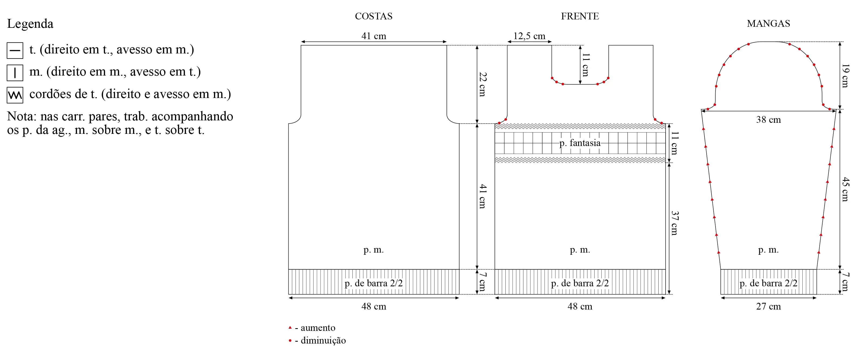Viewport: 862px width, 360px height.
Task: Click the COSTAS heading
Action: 373,16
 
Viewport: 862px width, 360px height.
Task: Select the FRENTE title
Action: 580,16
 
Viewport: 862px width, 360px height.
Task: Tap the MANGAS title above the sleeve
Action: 768,23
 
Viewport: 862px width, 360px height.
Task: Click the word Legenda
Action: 30,24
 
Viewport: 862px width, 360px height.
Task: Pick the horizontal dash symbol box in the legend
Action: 15,50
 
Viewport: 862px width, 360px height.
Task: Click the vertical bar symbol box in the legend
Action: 15,73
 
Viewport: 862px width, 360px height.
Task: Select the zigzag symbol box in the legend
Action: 15,95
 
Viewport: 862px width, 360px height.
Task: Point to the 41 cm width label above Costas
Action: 374,36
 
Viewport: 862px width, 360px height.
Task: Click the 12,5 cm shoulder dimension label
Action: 529,36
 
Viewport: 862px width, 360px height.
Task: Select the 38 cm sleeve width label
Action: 768,120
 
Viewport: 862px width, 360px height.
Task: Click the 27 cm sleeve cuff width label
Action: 768,307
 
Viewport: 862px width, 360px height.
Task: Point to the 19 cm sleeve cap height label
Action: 845,76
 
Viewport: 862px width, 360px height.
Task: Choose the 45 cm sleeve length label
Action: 845,189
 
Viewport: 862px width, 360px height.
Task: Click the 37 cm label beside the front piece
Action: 674,223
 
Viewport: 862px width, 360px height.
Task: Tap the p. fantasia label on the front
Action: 580,143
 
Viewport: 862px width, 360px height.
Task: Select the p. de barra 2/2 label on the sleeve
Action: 768,283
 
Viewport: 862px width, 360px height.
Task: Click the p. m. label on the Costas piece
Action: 373,250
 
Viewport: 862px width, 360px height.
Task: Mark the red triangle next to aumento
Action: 290,327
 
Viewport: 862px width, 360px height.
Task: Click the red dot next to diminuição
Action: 290,341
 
